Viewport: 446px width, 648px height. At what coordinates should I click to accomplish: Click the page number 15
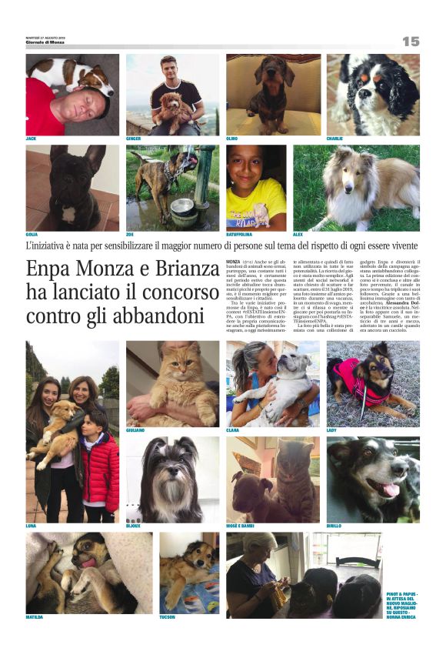411,42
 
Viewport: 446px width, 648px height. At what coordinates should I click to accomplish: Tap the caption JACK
32,139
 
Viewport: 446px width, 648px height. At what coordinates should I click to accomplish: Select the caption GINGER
134,139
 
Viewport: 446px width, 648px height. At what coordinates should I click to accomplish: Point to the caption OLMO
231,139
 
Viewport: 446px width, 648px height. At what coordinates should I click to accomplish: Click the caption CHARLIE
335,139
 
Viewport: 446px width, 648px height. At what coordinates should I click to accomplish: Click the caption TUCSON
167,617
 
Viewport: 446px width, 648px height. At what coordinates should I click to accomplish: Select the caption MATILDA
35,617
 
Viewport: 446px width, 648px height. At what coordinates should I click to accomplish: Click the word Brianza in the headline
179,271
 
